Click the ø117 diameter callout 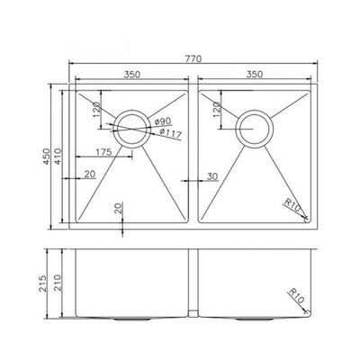pyautogui.click(x=168, y=135)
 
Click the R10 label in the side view pyautogui.click(x=297, y=292)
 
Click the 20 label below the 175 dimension pyautogui.click(x=89, y=174)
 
